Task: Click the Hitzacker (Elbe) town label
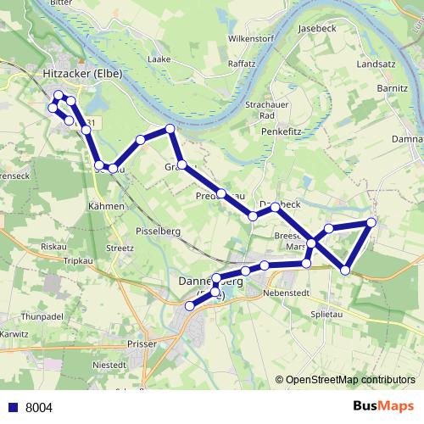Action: click(81, 74)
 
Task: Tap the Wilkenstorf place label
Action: click(253, 40)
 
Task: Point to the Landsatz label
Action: click(377, 64)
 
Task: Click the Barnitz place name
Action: click(393, 87)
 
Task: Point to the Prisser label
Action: click(140, 345)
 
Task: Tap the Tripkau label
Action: click(78, 261)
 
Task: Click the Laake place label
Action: click(159, 59)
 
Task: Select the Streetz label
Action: click(120, 248)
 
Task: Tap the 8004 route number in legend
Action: click(39, 407)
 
